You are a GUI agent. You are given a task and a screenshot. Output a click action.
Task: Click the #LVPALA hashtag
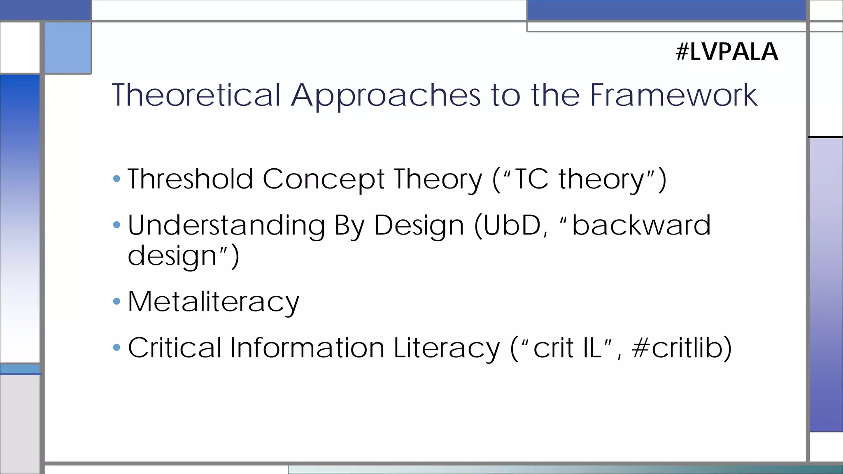click(x=727, y=52)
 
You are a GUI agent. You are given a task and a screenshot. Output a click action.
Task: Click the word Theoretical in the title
click(x=196, y=95)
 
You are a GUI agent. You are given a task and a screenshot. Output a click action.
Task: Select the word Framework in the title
click(x=673, y=95)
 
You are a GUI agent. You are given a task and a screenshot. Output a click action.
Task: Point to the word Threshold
click(x=190, y=179)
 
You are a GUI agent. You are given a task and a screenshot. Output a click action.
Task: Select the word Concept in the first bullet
click(x=324, y=180)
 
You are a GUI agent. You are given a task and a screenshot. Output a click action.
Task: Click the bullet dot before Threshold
click(x=116, y=179)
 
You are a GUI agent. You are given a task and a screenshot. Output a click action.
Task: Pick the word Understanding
click(x=226, y=226)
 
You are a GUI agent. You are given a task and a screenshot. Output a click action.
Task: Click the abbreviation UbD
click(x=512, y=225)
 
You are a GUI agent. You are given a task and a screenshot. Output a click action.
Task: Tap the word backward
click(x=641, y=225)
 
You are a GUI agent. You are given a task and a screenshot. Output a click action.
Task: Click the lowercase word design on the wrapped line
click(x=172, y=256)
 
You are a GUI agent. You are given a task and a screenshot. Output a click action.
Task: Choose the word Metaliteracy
click(x=213, y=302)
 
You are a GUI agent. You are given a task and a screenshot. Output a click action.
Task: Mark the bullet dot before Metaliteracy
click(x=116, y=302)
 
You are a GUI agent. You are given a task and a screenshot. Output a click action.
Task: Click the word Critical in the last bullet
click(x=175, y=348)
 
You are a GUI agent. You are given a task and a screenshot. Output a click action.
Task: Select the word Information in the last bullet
click(x=307, y=348)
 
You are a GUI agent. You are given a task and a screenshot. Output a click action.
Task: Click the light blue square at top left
click(x=68, y=48)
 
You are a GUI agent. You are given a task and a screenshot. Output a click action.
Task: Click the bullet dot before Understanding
click(x=116, y=225)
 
